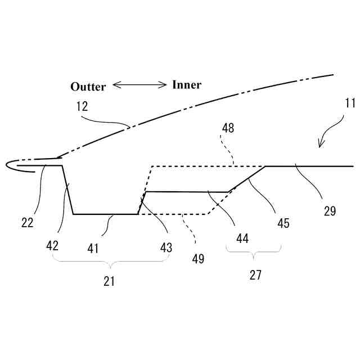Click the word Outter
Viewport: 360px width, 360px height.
[88, 87]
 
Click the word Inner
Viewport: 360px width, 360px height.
[187, 85]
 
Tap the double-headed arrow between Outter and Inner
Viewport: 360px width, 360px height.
[139, 85]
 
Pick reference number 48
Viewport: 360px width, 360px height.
[227, 128]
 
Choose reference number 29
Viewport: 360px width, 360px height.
[330, 211]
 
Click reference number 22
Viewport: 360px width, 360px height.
[27, 222]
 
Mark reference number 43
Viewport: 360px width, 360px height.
[165, 247]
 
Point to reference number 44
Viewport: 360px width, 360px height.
[242, 238]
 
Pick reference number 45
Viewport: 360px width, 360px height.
[283, 223]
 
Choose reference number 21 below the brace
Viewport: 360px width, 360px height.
[109, 282]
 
